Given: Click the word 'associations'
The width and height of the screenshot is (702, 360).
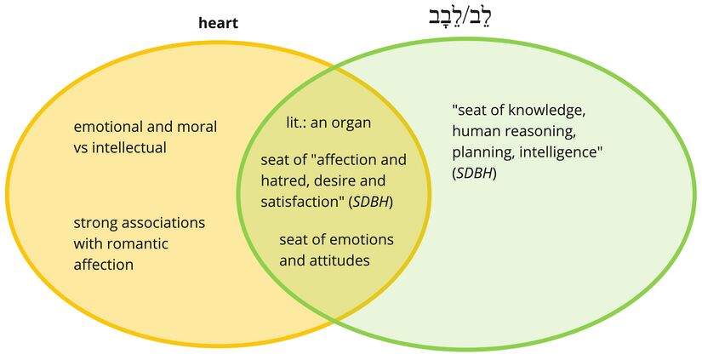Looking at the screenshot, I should (162, 224).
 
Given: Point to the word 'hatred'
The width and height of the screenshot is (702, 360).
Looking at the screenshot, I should (285, 181).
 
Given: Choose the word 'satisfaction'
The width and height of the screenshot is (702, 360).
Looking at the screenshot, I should (302, 202).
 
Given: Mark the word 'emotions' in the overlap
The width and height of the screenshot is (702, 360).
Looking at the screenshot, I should (351, 239).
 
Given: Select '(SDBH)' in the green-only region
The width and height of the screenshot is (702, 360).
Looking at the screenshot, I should (475, 174).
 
